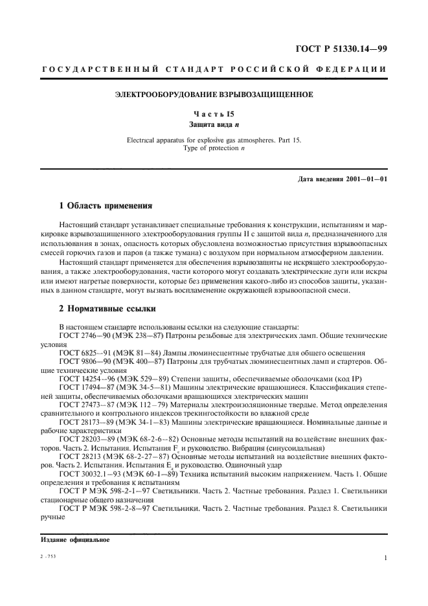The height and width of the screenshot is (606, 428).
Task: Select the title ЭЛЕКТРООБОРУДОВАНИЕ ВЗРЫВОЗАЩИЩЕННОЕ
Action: point(214,95)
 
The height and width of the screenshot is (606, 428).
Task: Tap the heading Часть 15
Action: point(214,113)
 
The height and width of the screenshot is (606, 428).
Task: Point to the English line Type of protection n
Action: point(214,148)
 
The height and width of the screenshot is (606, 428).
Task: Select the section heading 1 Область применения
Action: point(105,207)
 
